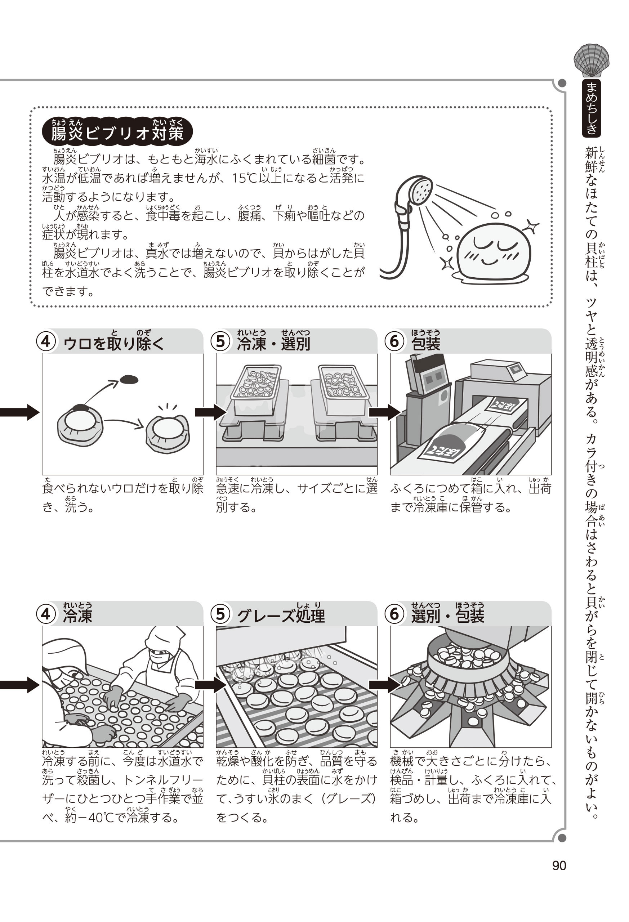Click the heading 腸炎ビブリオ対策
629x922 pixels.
tap(117, 133)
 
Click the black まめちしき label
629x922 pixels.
tap(591, 108)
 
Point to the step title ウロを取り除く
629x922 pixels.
tap(113, 344)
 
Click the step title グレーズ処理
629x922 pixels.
tap(281, 616)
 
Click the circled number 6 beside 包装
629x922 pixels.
tap(394, 341)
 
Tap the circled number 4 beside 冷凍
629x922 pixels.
tap(46, 614)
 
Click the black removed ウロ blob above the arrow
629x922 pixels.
tap(129, 380)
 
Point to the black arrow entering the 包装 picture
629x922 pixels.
tap(384, 412)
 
